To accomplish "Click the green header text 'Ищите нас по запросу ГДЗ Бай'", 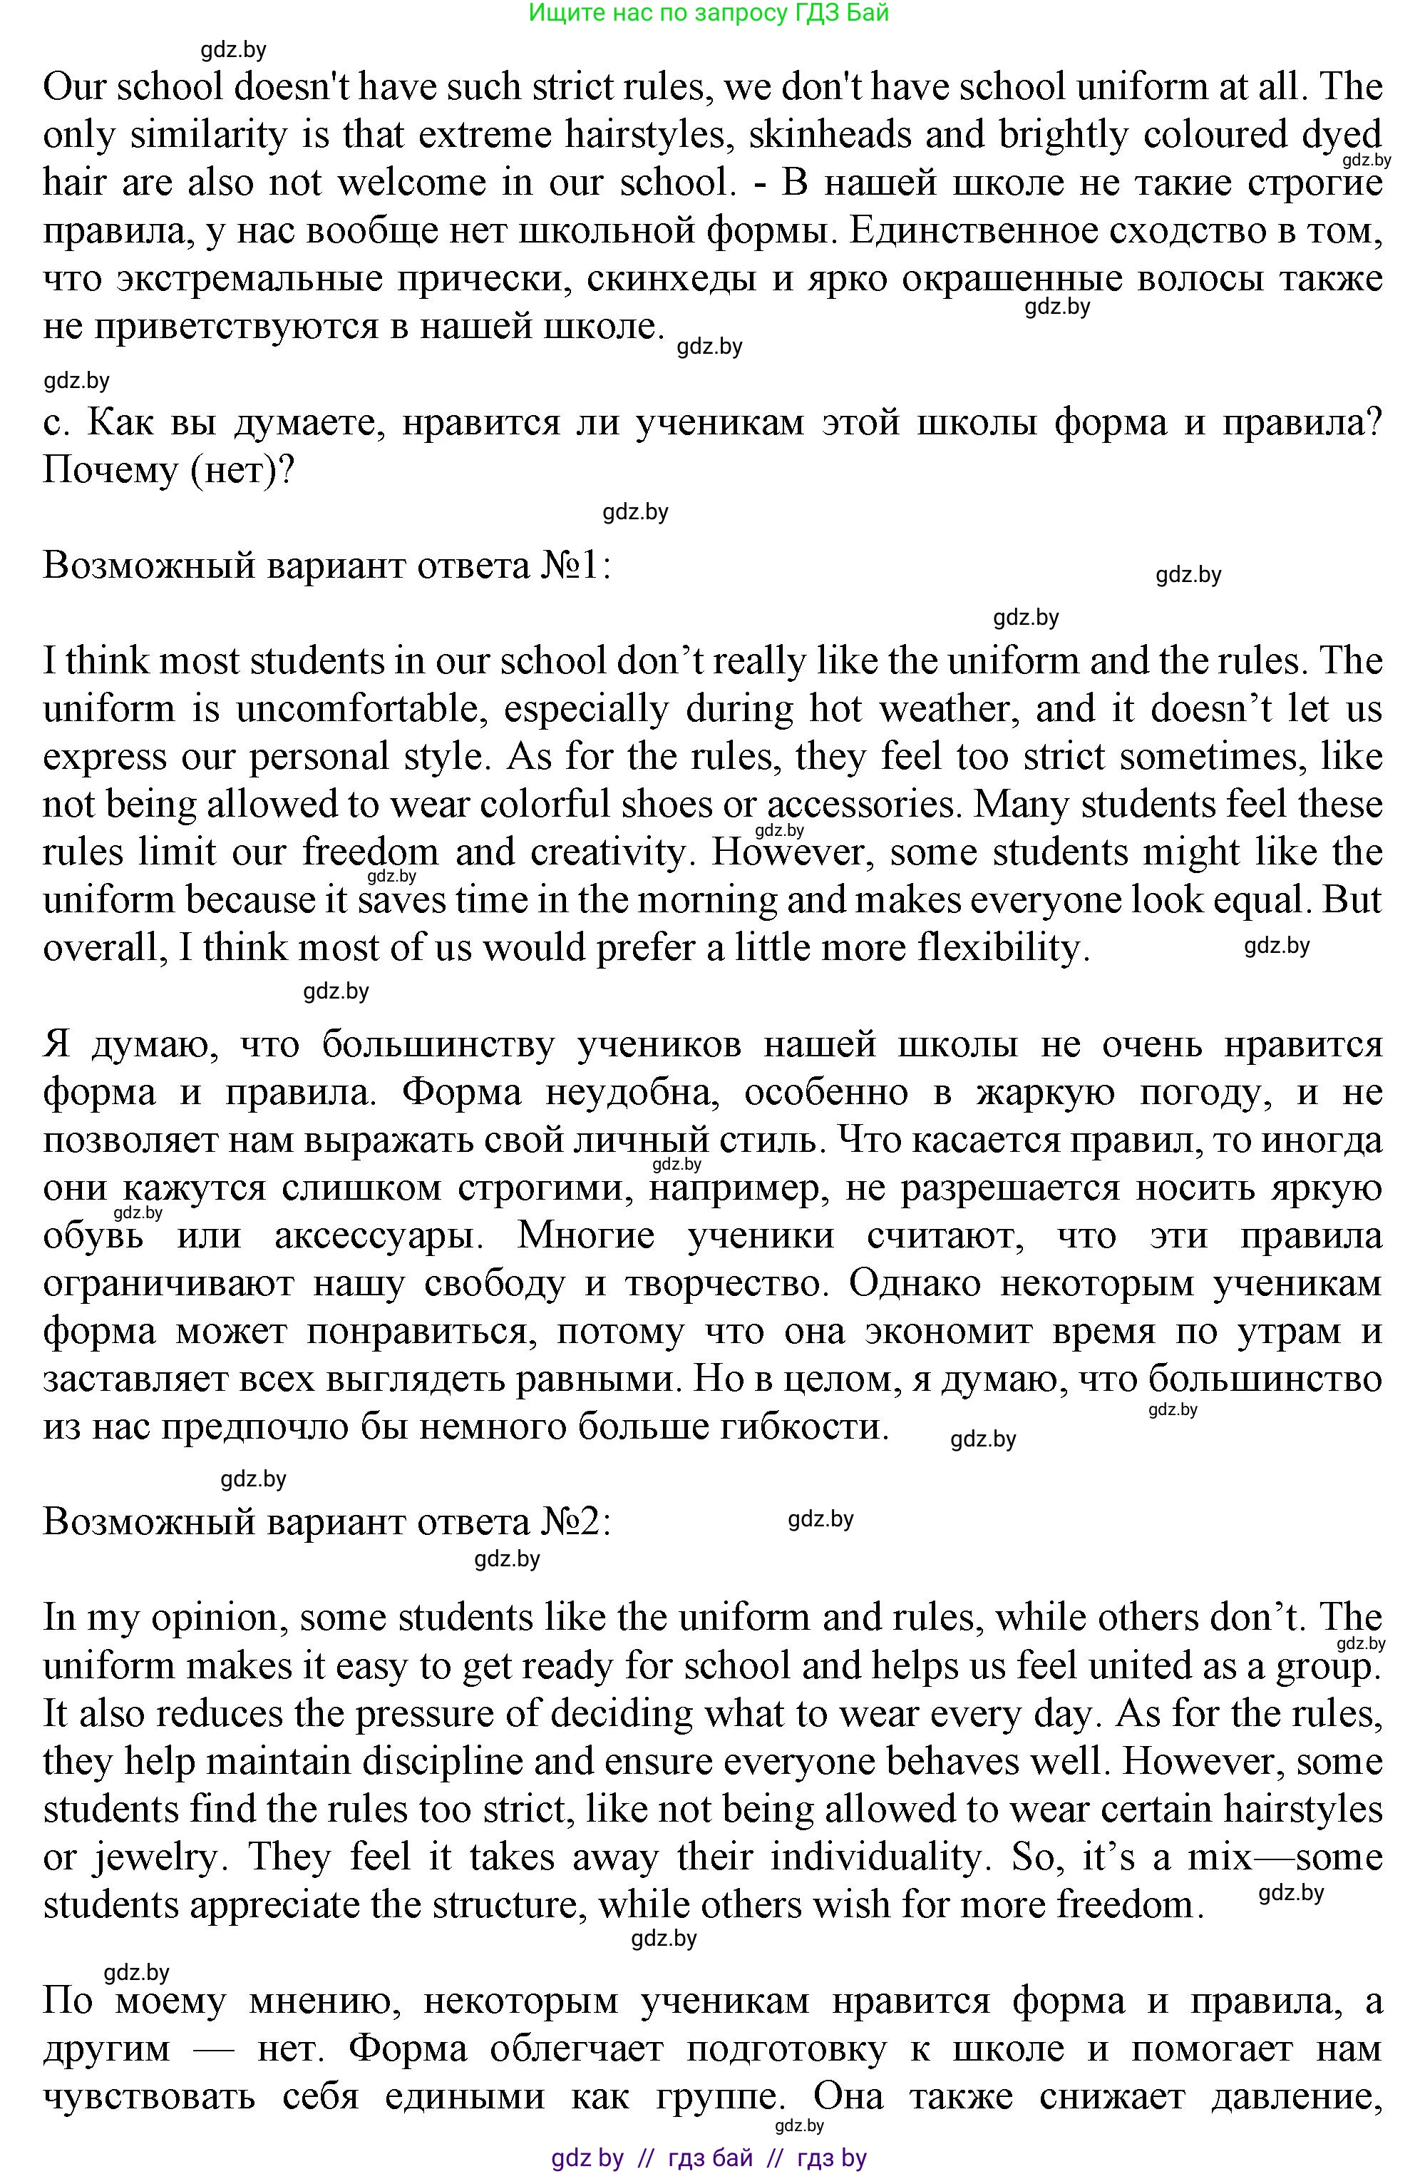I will (709, 13).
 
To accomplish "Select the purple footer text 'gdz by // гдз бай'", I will (652, 2158).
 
